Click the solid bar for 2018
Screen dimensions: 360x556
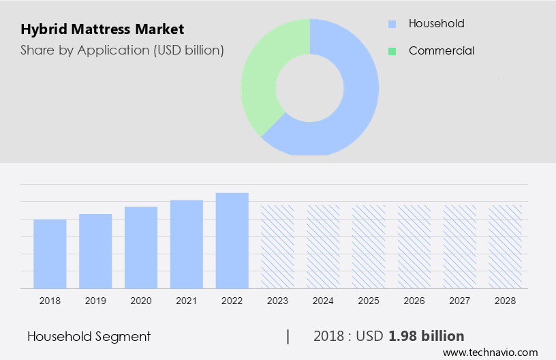50,254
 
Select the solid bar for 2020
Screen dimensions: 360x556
141,247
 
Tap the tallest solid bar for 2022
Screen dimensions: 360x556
232,240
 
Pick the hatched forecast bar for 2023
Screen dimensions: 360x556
278,246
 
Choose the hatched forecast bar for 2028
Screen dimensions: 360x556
506,246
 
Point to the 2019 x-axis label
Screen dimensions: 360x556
95,301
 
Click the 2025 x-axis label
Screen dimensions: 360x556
369,301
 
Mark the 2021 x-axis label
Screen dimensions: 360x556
187,301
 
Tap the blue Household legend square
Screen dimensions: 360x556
392,24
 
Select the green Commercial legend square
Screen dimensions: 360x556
392,51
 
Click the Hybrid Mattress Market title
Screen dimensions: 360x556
102,30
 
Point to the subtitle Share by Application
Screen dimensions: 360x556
122,50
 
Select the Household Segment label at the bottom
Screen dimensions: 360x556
89,336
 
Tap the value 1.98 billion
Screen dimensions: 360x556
427,336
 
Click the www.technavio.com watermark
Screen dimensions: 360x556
491,352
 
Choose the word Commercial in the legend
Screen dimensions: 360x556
442,51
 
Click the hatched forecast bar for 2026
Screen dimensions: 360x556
414,246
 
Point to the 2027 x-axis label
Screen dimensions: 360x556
460,301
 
